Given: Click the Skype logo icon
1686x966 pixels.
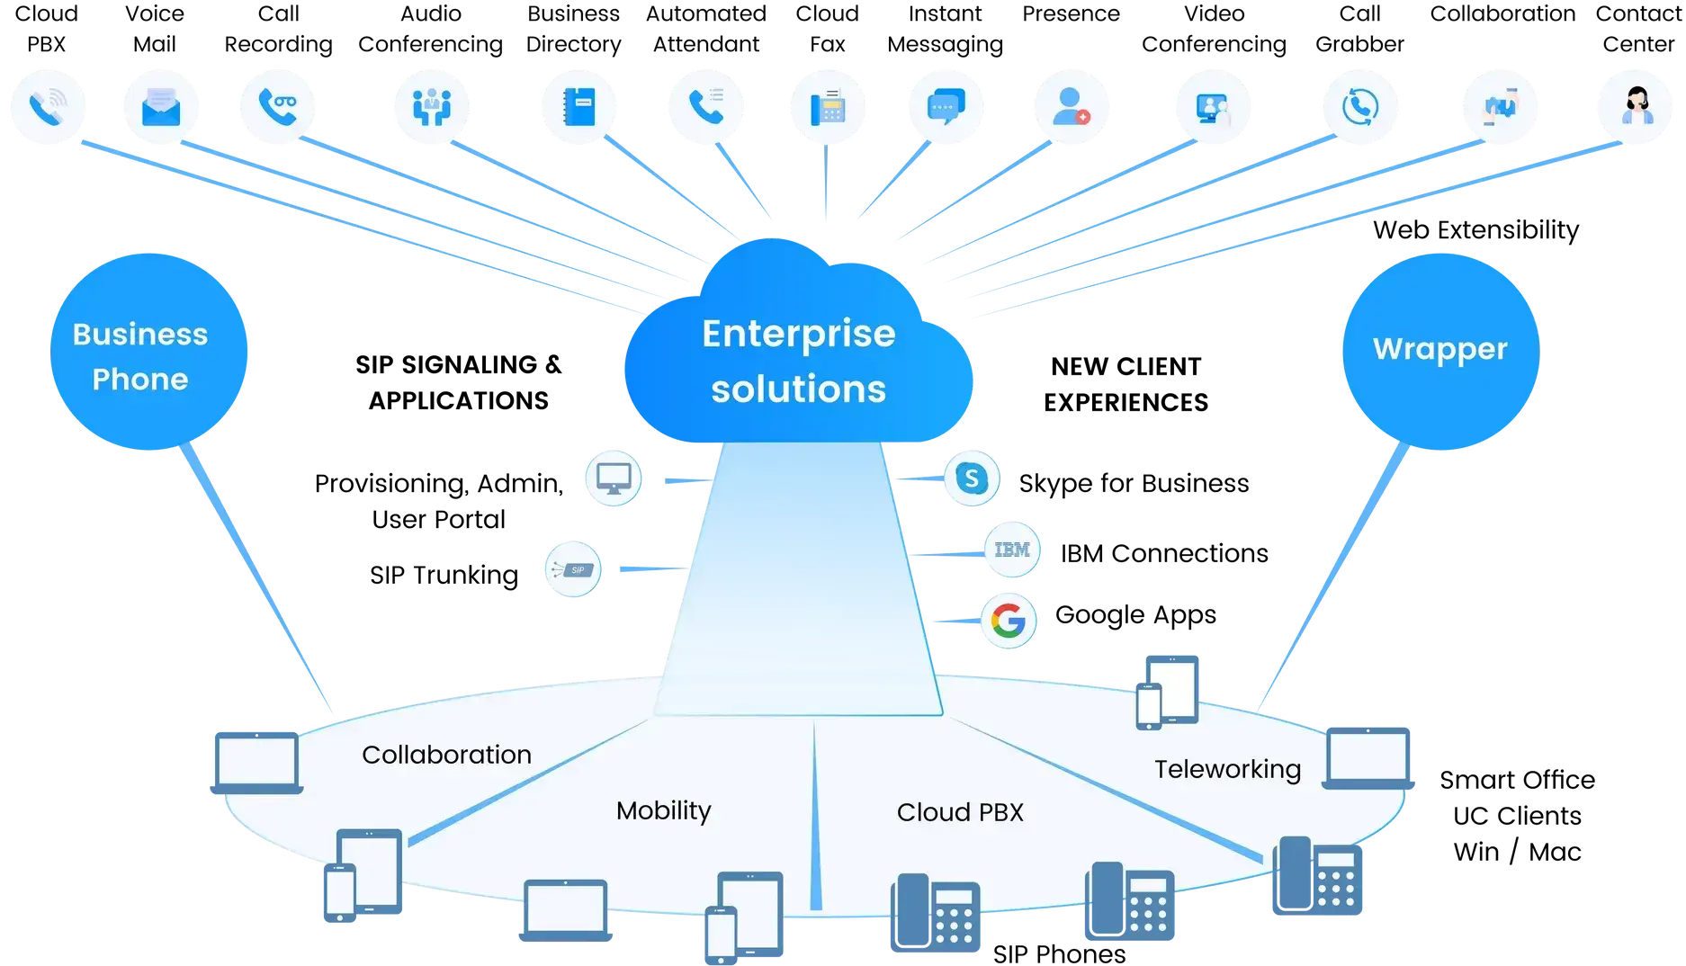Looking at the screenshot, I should [972, 479].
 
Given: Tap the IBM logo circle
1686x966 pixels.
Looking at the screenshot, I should [1012, 550].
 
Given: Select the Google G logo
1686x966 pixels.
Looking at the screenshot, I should [1008, 621].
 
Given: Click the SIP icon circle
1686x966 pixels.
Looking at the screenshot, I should [573, 569].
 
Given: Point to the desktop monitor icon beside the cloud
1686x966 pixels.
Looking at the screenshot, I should [614, 479].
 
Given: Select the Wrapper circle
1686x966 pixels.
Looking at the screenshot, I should [1439, 351].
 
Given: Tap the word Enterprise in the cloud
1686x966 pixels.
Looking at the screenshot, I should [798, 334].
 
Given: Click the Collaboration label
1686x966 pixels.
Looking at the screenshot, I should [446, 755].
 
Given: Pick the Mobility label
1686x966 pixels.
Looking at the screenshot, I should [663, 810].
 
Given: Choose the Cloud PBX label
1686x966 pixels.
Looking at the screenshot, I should [960, 812].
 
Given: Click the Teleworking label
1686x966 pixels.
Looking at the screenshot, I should [1227, 770].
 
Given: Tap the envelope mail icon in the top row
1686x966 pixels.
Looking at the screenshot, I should [162, 107].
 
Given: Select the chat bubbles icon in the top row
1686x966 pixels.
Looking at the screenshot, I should [946, 107].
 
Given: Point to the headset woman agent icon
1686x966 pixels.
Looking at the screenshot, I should [1636, 107].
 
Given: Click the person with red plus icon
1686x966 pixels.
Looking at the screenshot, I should [1071, 107].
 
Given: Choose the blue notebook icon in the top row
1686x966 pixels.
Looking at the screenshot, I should [579, 107].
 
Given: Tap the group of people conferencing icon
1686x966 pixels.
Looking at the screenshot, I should [432, 107].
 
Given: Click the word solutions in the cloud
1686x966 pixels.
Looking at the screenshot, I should [798, 389].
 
